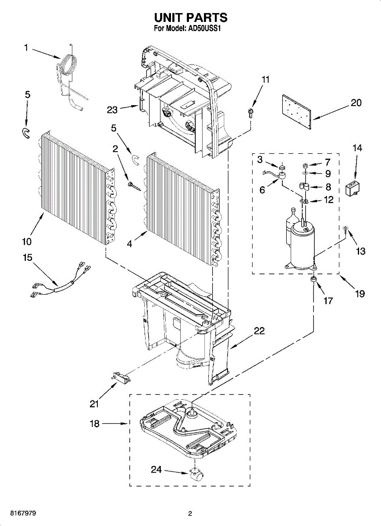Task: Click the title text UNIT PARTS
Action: [190, 18]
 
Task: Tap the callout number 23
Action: [113, 110]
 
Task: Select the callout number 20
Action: [356, 103]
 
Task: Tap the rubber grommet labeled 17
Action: [314, 280]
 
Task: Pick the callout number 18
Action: [95, 424]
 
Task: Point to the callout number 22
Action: [260, 331]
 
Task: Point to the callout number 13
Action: [361, 251]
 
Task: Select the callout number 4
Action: [129, 245]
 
